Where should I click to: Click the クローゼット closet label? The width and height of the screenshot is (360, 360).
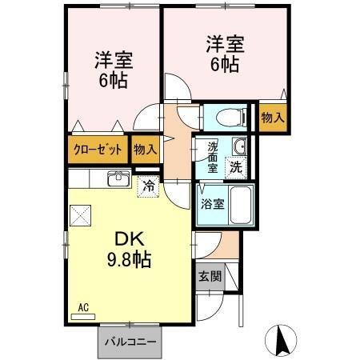pos(99,150)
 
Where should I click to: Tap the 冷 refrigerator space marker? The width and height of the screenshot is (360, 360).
pos(148,185)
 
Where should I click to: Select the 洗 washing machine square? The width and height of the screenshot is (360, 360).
pos(236,167)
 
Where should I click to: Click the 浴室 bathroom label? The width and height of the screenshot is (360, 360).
pos(212,203)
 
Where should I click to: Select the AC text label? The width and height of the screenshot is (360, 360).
pos(82,306)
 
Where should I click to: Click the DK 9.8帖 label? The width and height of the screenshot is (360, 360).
pos(129,248)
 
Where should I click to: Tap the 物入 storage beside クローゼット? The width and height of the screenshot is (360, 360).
pos(146,150)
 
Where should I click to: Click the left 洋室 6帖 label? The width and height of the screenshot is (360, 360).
pos(113,70)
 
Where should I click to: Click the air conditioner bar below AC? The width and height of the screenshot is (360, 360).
pos(82,316)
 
